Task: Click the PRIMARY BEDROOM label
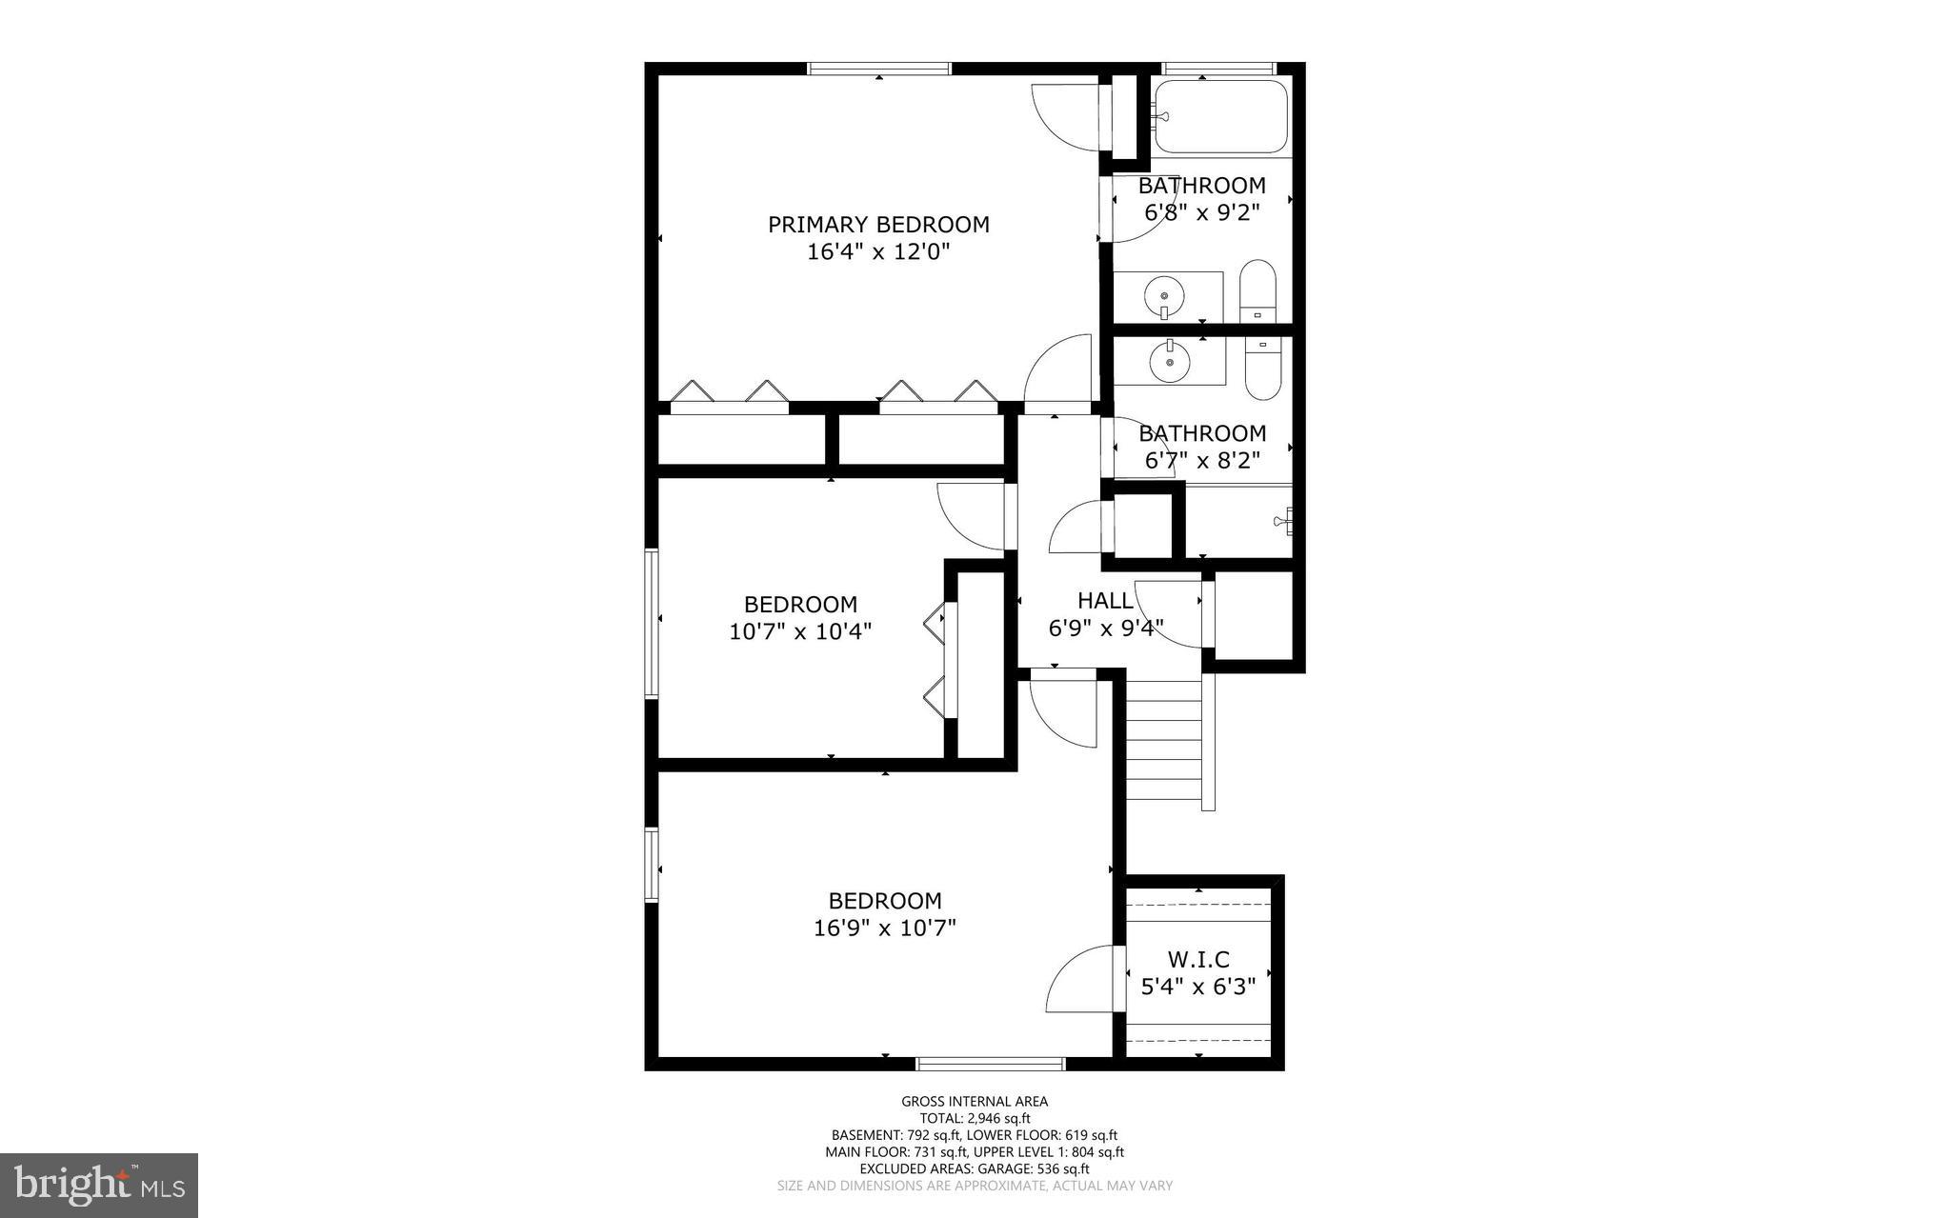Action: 878,225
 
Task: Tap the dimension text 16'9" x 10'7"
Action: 884,928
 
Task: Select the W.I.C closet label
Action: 1198,959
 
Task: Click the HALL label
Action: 1105,601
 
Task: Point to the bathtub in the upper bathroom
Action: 1220,117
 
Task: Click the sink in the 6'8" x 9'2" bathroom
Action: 1163,296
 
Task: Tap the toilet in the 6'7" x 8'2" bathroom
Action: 1263,370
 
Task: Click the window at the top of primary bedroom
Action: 879,69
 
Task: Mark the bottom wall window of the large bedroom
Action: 990,1064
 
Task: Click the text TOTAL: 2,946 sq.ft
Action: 975,1119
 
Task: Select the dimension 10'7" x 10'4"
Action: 800,631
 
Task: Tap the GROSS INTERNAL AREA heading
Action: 975,1102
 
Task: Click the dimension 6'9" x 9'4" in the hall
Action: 1105,629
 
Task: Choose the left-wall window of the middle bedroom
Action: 652,624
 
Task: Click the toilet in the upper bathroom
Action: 1257,290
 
